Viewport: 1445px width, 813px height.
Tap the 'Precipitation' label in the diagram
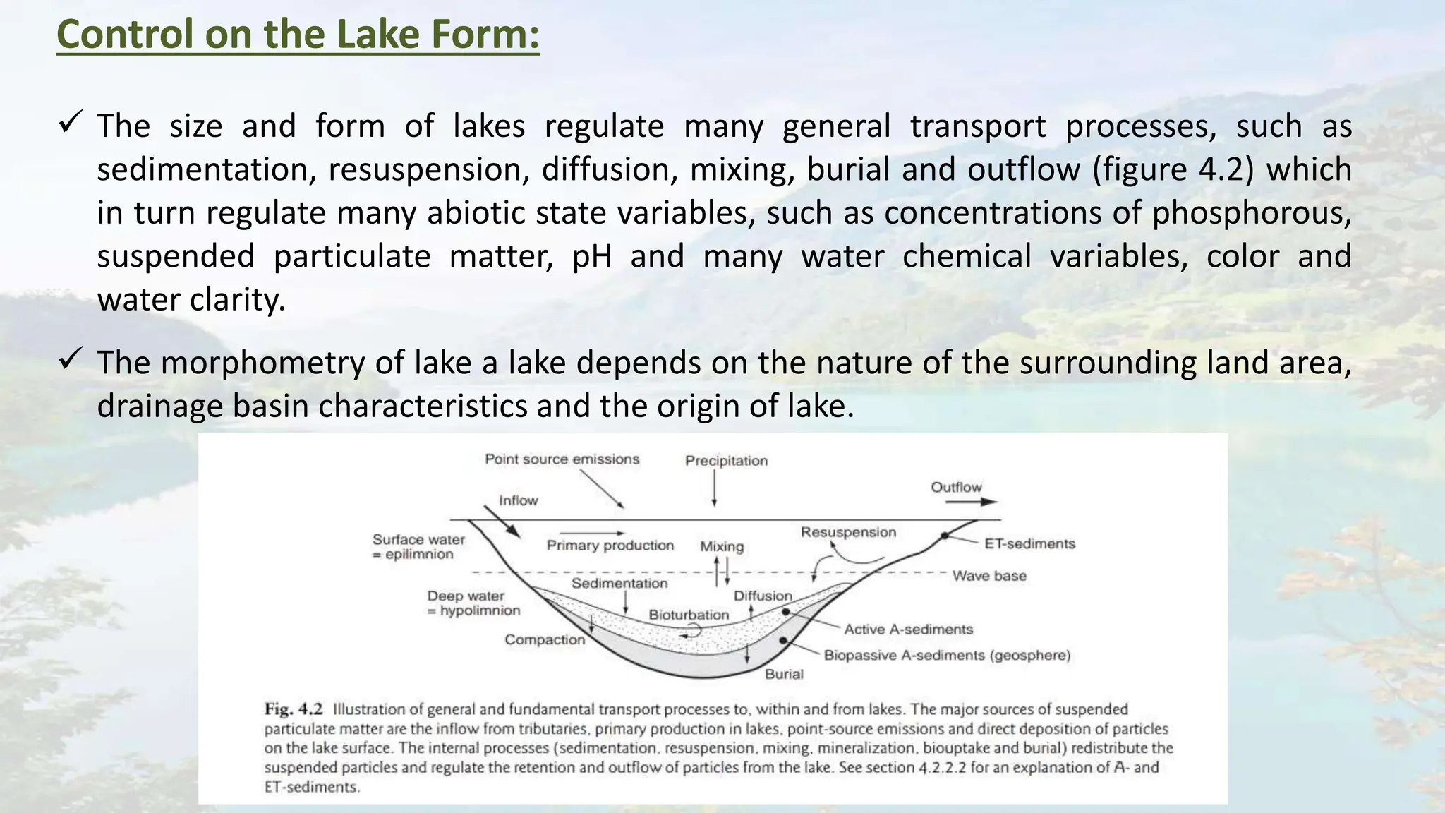(x=726, y=461)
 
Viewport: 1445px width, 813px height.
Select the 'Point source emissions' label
(x=562, y=459)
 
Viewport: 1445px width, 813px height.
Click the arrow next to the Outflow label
(x=971, y=502)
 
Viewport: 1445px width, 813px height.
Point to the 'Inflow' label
(x=518, y=500)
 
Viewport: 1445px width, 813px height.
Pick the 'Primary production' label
(x=610, y=546)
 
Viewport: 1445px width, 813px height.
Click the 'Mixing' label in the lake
(x=721, y=546)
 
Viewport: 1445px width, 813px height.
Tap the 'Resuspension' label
(x=847, y=532)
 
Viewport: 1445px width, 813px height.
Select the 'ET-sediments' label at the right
(x=1029, y=544)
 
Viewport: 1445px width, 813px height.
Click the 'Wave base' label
(x=989, y=576)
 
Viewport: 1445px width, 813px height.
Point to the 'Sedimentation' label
(x=619, y=584)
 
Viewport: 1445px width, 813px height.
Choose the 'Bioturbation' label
(x=689, y=615)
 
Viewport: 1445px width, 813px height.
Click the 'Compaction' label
(x=544, y=640)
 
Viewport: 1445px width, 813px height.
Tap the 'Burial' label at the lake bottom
(x=784, y=674)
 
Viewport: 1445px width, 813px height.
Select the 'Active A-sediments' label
(x=908, y=630)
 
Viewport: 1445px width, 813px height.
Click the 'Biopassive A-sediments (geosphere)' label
(x=947, y=656)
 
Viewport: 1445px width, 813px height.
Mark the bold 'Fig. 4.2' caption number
(x=294, y=709)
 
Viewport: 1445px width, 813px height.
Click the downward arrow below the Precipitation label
(x=714, y=488)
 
